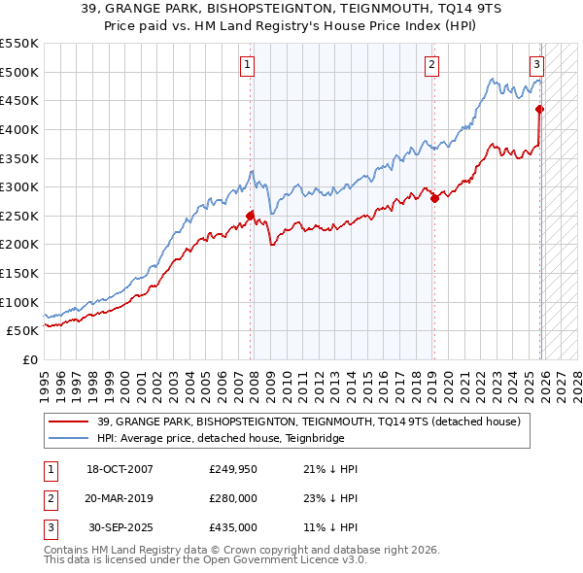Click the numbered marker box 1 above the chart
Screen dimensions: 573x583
248,65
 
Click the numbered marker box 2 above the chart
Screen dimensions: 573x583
430,65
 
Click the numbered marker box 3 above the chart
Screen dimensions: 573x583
536,65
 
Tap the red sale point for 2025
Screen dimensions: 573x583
539,109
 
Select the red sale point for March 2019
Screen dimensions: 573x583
434,198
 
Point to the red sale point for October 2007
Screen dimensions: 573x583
250,216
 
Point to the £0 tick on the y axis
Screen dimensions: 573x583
30,359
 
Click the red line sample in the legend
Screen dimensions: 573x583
69,421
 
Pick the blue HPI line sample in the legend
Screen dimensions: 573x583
69,438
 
